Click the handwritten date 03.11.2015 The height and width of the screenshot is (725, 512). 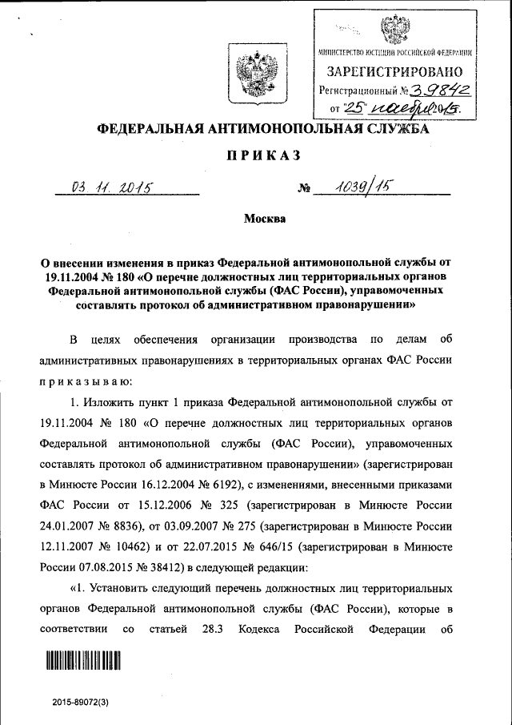[113, 188]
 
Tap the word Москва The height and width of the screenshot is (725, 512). [255, 218]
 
